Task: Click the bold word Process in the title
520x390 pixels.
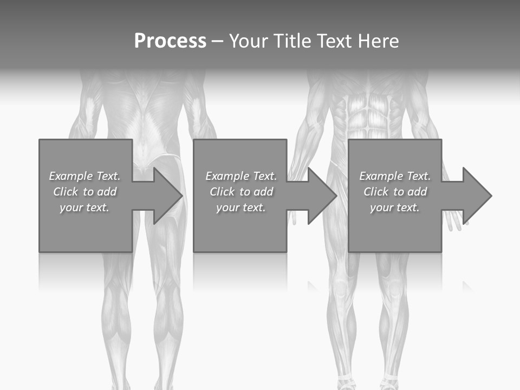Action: click(x=170, y=41)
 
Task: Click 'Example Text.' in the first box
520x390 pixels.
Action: click(x=84, y=176)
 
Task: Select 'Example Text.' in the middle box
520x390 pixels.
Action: click(x=241, y=176)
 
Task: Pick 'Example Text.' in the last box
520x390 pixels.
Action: click(x=395, y=176)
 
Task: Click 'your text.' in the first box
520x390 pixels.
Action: click(x=84, y=207)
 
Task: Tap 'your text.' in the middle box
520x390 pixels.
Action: click(x=241, y=207)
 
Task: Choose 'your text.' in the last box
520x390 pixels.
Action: click(x=395, y=207)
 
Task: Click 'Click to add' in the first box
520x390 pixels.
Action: click(x=85, y=192)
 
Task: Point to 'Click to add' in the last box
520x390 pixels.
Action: click(x=395, y=192)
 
